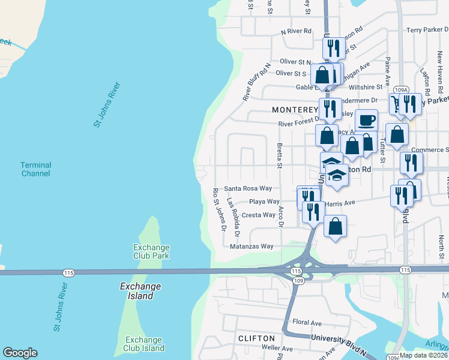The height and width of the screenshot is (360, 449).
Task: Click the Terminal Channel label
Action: (x=35, y=169)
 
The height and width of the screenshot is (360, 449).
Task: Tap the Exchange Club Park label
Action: (x=151, y=251)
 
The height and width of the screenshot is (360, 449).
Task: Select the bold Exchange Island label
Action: (x=136, y=291)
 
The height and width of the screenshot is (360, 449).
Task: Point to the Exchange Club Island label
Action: (x=144, y=344)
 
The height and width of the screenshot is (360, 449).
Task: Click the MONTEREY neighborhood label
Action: (x=294, y=110)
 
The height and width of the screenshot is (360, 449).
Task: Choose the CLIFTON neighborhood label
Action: (x=256, y=338)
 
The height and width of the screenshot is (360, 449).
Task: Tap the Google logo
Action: (x=20, y=353)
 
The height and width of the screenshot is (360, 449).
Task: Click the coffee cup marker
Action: (x=366, y=120)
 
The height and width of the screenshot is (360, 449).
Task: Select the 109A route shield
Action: (x=402, y=89)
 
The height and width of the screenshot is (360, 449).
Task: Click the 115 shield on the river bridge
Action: (x=69, y=272)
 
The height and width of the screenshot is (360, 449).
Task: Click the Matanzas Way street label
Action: (x=252, y=246)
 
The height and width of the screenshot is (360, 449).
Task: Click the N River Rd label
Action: (x=296, y=31)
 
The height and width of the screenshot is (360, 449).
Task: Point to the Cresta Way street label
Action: (x=258, y=215)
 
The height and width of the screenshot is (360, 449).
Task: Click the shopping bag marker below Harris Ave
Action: (x=336, y=226)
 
